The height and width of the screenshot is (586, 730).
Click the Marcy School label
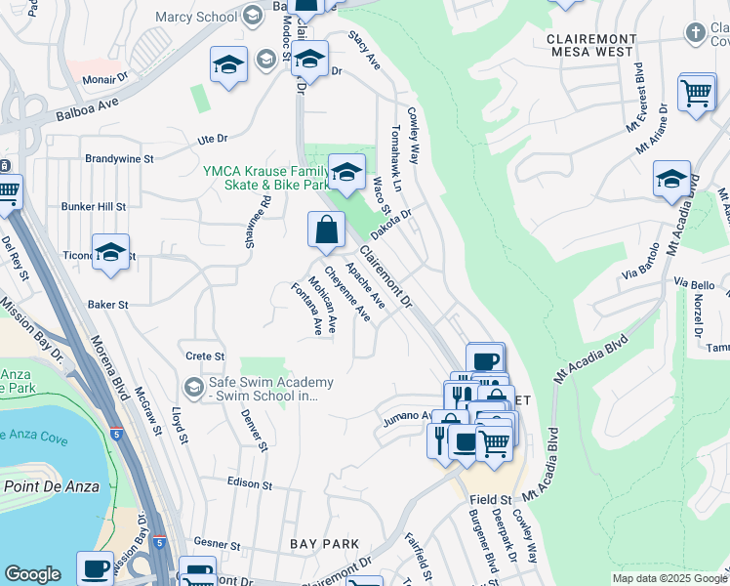[196, 16]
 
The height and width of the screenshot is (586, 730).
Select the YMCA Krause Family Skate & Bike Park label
[264, 177]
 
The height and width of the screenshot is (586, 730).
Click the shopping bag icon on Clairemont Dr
[327, 230]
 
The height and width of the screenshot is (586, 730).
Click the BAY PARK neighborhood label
[325, 543]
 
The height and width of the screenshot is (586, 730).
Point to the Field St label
[491, 499]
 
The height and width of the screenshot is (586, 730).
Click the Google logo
[33, 574]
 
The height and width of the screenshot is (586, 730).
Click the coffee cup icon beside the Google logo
[96, 567]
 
